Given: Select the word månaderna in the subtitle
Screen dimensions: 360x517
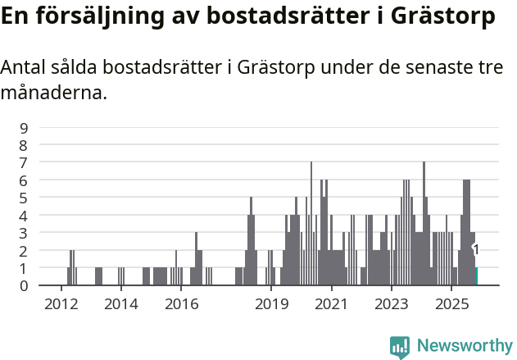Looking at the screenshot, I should (x=53, y=93).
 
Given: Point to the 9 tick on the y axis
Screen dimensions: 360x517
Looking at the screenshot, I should (x=24, y=127).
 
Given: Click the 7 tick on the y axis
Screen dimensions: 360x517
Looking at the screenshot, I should (x=24, y=162).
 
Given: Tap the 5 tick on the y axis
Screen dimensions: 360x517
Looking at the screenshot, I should (x=24, y=198).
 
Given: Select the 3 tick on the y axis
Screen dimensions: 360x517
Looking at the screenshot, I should (x=24, y=233).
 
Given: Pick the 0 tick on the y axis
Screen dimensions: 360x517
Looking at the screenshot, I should (x=24, y=285).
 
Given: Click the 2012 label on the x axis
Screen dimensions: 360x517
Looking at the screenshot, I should (x=61, y=304).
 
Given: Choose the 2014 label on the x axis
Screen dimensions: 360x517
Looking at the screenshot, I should (x=120, y=304).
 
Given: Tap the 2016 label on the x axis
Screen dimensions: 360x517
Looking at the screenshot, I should (x=181, y=304).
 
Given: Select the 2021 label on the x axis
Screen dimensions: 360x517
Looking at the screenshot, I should (x=331, y=304).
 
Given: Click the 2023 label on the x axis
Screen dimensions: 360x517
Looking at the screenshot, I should (x=391, y=304).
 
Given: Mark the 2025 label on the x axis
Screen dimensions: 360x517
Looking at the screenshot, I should (x=451, y=304).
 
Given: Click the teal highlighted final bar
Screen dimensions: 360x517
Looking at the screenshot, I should (x=476, y=276).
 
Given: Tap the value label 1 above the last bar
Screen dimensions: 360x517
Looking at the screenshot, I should (x=476, y=250).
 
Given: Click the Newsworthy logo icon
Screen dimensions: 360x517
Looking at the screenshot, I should (x=400, y=347).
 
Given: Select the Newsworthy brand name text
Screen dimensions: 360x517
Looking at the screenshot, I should (x=464, y=346).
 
